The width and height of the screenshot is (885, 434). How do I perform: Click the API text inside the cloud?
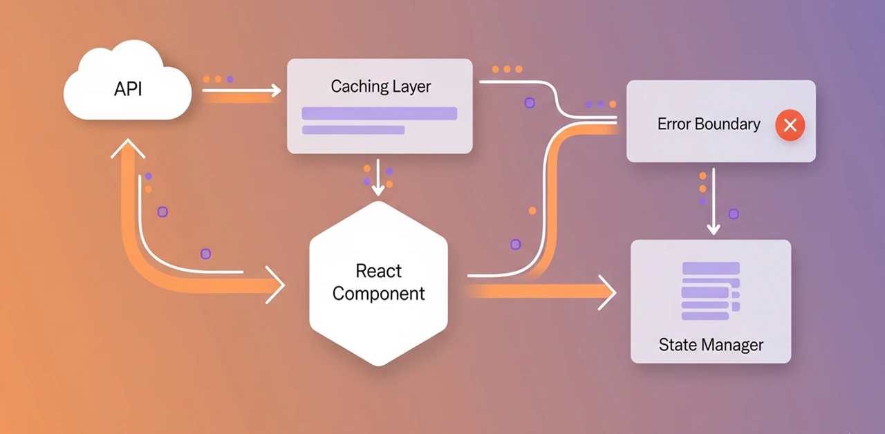pos(128,90)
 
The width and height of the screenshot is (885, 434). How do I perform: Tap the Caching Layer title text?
pos(380,86)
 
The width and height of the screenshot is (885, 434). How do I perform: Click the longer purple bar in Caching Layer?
pos(380,113)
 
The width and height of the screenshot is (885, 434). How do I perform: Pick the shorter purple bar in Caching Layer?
pos(353,130)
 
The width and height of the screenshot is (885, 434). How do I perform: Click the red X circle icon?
pos(790,125)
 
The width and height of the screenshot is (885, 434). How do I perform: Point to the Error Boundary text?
pos(709,124)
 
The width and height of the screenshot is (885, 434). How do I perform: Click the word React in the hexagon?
pos(378,270)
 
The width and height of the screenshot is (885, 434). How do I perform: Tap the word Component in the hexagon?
pos(378,293)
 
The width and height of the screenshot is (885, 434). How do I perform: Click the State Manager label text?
pos(711,344)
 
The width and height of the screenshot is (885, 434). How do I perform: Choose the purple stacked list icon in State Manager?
pos(710,291)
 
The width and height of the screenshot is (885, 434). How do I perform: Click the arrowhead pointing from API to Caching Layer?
pos(277,91)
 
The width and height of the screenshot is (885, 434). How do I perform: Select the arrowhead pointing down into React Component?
pos(378,190)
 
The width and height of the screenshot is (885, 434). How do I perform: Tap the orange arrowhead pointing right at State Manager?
pos(608,293)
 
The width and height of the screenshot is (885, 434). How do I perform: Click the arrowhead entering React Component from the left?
pos(277,285)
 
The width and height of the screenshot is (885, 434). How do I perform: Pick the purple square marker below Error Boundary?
pos(734,214)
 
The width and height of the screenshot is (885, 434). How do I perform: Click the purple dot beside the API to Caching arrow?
pos(230,79)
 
